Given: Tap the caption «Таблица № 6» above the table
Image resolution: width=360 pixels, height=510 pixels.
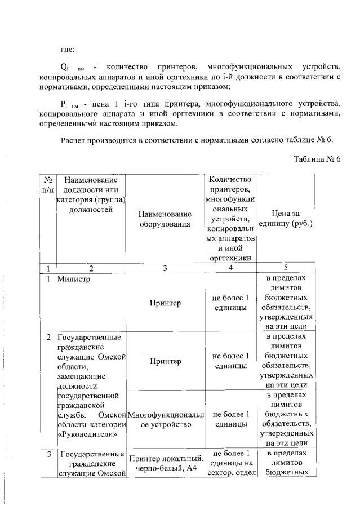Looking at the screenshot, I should (317, 159).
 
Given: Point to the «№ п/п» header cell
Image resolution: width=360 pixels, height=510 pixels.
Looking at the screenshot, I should (48, 184).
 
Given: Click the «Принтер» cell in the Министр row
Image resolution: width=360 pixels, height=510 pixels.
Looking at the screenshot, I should (165, 303).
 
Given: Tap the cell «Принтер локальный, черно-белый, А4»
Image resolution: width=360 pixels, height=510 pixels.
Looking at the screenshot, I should (165, 462).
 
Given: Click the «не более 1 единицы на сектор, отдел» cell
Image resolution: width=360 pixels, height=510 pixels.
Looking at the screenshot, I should (230, 462).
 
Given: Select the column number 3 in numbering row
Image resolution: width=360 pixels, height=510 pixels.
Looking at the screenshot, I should (165, 268).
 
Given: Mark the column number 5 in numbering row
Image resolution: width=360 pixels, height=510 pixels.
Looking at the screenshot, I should (286, 268).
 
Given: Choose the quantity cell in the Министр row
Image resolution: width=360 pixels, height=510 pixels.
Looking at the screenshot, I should (230, 303).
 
